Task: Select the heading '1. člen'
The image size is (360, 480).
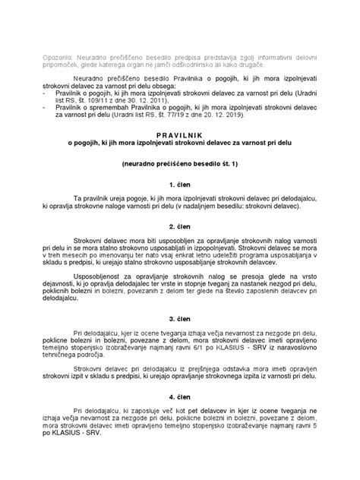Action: point(180,183)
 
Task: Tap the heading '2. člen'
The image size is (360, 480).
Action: point(180,227)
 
